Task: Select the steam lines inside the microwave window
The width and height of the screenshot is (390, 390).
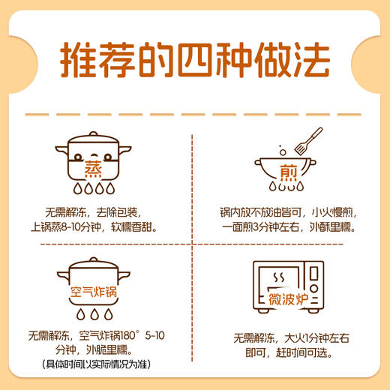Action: pos(280,279)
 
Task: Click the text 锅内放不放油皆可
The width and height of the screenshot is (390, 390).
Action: pos(250,211)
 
